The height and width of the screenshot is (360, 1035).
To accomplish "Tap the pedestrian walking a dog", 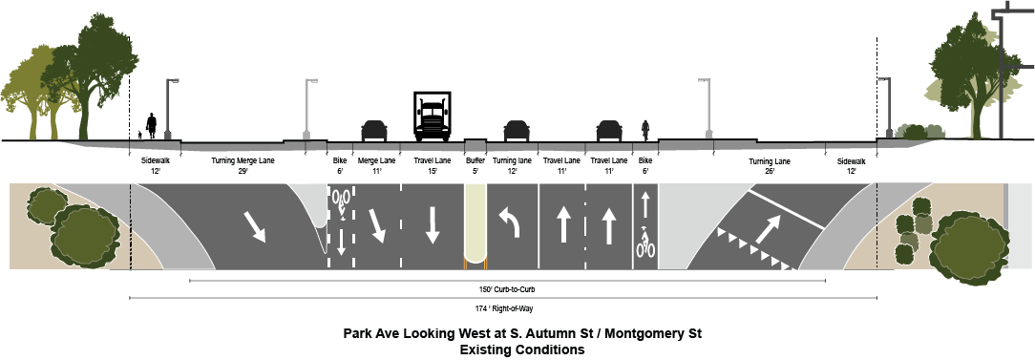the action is tap(151, 125).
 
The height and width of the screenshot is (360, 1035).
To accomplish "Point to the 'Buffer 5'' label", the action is tap(475, 164).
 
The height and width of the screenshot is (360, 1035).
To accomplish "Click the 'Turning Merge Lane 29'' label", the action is tap(243, 164).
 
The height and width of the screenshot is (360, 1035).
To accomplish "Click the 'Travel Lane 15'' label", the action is tap(433, 164).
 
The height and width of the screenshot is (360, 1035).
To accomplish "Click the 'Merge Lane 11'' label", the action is tap(376, 164).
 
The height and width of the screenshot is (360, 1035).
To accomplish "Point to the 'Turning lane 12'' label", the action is tap(512, 164).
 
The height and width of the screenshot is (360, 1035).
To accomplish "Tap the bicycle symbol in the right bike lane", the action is tap(645, 244).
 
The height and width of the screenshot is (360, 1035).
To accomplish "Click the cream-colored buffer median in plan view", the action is tap(475, 225).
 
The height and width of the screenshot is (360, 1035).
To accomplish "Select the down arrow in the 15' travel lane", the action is tap(433, 225).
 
